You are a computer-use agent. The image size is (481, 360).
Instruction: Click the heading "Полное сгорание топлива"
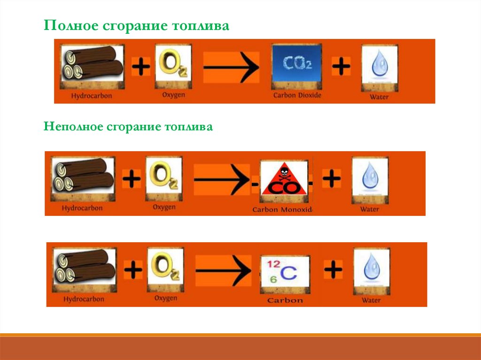137,26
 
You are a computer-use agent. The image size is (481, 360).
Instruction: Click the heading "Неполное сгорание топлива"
128,127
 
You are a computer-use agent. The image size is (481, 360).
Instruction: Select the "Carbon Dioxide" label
297,95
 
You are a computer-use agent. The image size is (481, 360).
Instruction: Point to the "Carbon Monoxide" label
282,209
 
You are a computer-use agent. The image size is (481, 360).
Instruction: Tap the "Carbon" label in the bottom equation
285,300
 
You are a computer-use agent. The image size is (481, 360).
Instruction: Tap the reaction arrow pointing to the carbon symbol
223,270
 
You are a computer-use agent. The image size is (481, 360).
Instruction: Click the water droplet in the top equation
379,67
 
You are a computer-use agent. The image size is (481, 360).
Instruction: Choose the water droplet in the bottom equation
371,270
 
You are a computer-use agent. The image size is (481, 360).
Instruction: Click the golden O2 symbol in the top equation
173,64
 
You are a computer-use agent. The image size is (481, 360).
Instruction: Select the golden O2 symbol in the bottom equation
164,268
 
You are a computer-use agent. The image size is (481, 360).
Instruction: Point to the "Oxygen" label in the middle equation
164,207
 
